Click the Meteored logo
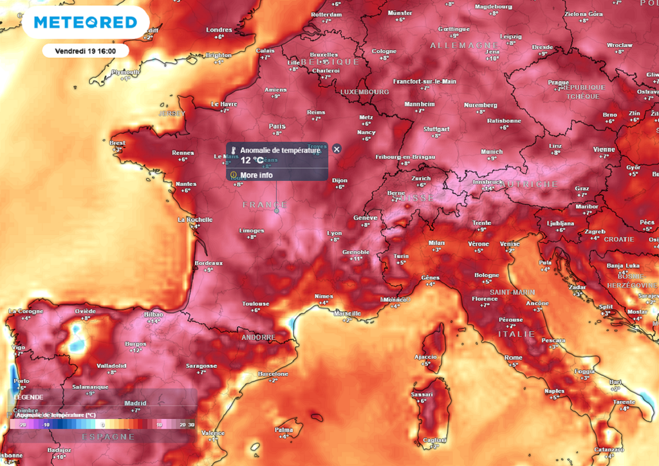[x=86, y=23]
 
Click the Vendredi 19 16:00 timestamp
[x=86, y=50]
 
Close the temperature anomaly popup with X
[x=337, y=149]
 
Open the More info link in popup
[x=256, y=175]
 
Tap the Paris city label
[x=277, y=126]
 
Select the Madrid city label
[x=135, y=403]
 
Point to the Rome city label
[x=514, y=358]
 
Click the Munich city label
[x=492, y=152]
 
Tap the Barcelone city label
[x=273, y=374]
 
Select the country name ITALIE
[x=516, y=334]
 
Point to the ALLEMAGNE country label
[x=459, y=46]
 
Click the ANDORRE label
[x=257, y=337]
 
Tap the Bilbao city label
[x=154, y=314]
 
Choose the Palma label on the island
[x=284, y=429]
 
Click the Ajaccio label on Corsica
[x=425, y=357]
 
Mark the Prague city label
[x=558, y=82]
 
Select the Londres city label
[x=219, y=30]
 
